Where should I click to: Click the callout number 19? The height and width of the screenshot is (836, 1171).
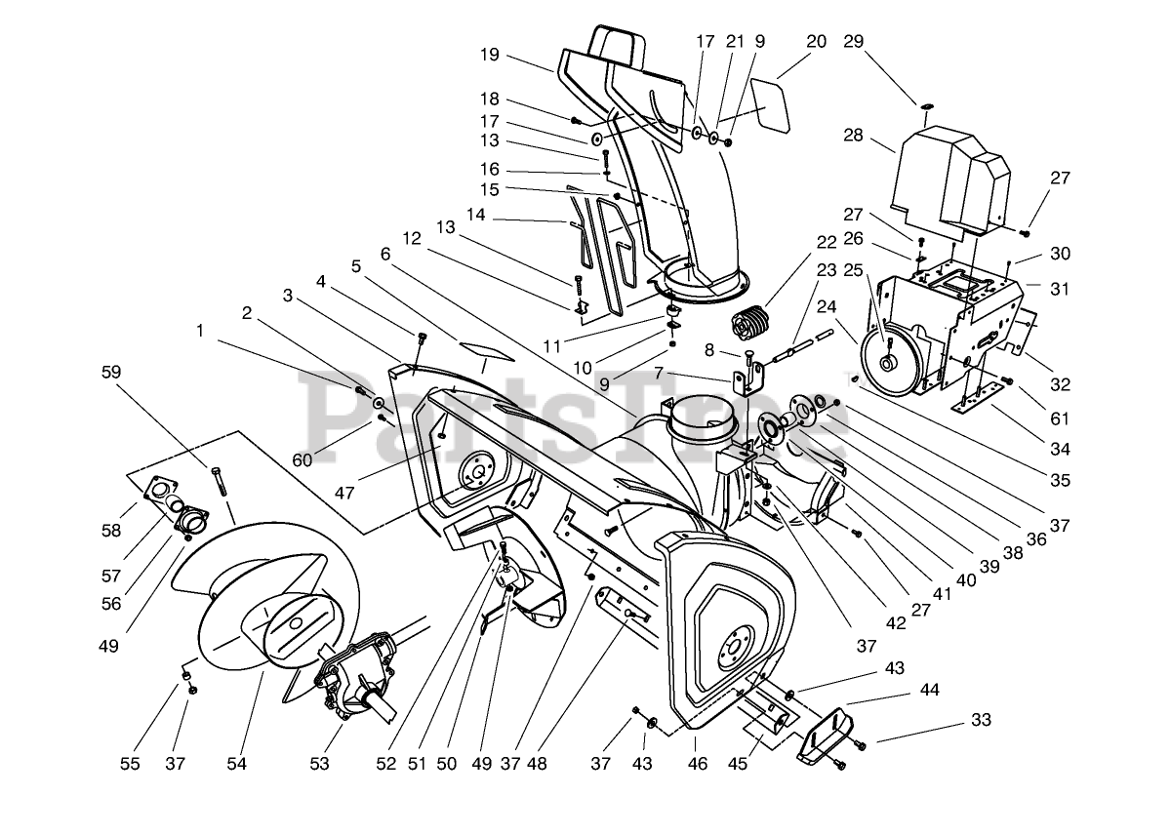tap(490, 55)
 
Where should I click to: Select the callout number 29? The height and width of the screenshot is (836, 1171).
tap(854, 41)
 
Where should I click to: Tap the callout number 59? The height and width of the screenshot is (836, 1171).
tap(111, 372)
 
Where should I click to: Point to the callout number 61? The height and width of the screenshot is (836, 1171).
tap(1060, 418)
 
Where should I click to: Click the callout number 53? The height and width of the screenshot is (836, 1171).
tap(319, 764)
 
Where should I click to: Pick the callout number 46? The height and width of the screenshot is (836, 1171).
tap(698, 764)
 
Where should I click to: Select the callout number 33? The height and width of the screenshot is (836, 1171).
tap(982, 720)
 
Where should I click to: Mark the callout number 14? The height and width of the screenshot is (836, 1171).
tap(476, 215)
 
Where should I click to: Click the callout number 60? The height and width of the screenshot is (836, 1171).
tap(302, 460)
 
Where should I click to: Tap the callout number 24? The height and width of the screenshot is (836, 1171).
tap(827, 306)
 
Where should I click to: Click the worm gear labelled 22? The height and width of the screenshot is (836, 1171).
tap(748, 325)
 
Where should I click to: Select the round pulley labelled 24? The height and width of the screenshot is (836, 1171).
tap(890, 363)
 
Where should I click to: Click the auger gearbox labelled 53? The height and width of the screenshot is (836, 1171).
tap(356, 679)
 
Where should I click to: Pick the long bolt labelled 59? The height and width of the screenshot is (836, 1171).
tap(220, 481)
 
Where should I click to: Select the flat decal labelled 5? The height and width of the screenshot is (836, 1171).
tap(486, 352)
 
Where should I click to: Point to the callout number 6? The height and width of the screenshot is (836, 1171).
tap(385, 255)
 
